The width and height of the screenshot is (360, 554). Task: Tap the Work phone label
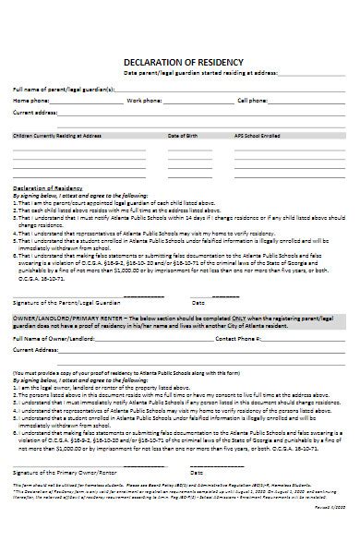(x=145, y=100)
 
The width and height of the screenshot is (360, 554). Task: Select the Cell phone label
(x=253, y=100)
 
